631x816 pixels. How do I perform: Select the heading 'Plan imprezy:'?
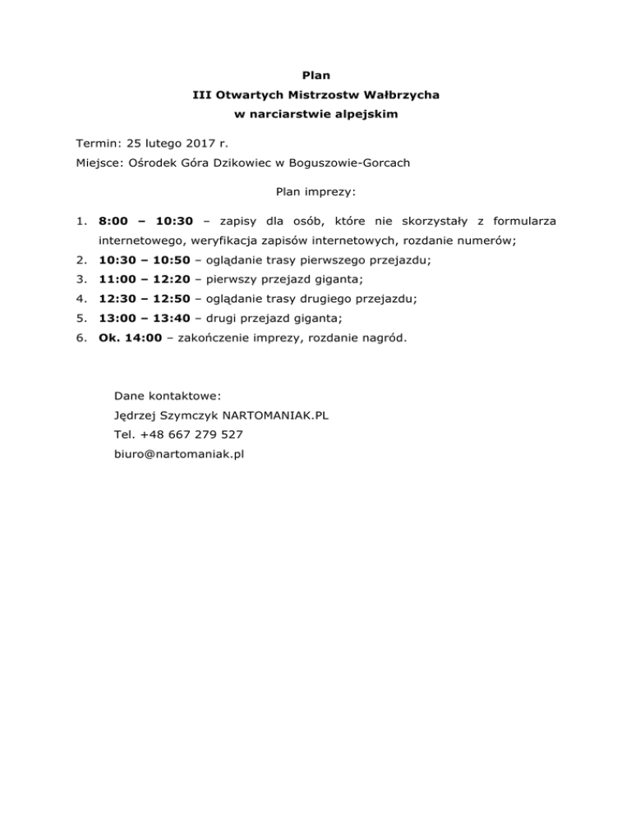[315, 194]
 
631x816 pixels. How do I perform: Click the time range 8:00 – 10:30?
[145, 221]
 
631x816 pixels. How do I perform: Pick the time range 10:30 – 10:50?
[144, 260]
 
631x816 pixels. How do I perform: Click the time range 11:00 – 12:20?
[144, 280]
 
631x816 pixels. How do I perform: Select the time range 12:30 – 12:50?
[144, 300]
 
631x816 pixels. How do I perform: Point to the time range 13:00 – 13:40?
[144, 319]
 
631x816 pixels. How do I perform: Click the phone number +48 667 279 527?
[191, 434]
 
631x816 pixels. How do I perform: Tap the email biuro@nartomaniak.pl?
[180, 454]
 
